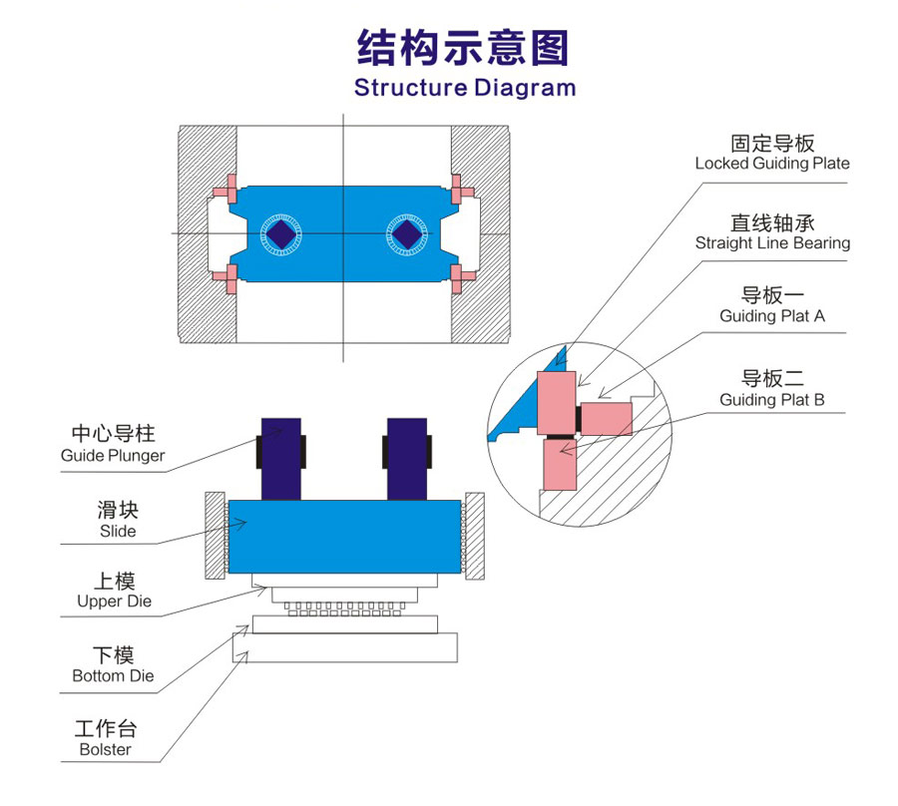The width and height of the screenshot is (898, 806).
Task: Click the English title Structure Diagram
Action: point(465,87)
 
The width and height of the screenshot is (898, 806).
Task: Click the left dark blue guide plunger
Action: point(281,457)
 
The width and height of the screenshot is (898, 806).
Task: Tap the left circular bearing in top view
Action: point(281,234)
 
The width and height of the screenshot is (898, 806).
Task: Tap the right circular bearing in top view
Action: point(406,234)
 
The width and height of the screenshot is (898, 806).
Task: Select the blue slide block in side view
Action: point(343,537)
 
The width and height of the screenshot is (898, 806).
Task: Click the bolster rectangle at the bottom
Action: point(344,649)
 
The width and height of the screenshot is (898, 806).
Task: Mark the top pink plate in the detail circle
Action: point(557,403)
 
